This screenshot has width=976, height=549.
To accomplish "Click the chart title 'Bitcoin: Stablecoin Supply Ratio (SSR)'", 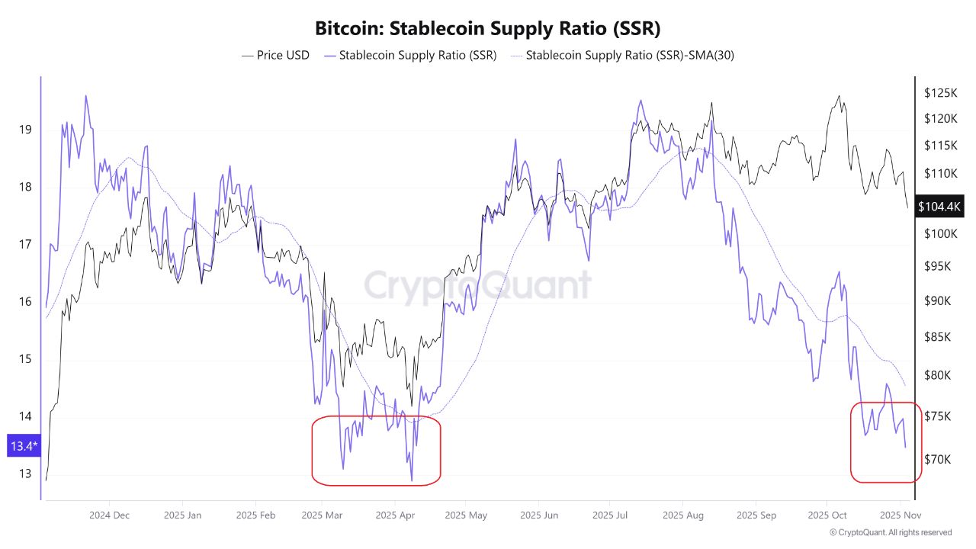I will click(488, 29).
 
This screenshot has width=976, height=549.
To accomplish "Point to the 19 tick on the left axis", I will click(25, 130).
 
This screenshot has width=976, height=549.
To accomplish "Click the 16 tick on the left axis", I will click(25, 302).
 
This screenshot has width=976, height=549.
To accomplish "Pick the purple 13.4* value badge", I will click(21, 446).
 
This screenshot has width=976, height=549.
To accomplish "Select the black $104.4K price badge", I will click(940, 207).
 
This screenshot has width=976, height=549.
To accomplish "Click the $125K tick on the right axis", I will click(940, 93).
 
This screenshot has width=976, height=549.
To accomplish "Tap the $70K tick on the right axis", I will click(937, 459).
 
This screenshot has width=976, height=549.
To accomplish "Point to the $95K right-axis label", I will click(937, 266).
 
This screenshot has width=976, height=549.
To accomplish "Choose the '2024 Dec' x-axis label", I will click(109, 515).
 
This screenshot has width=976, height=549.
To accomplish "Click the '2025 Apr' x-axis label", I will click(396, 515).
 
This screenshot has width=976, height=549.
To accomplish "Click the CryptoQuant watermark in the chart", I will click(477, 286).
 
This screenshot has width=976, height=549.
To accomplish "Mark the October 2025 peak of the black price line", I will click(840, 96).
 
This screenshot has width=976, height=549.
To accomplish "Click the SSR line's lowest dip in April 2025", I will click(412, 480).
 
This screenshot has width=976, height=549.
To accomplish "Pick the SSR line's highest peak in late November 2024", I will click(85, 96).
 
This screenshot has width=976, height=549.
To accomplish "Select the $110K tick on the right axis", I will click(940, 173).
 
